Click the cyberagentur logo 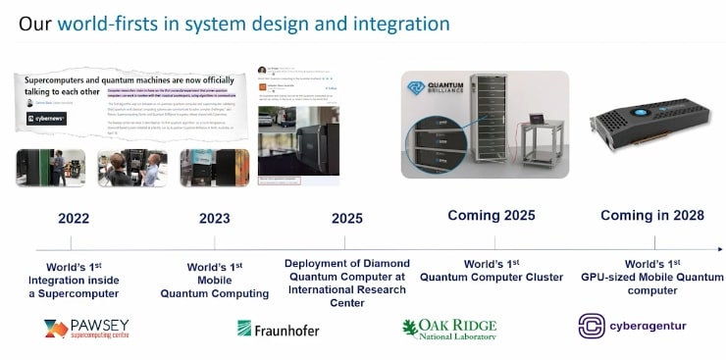click(632, 327)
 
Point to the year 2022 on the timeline click(74, 218)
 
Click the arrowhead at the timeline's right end click(719, 249)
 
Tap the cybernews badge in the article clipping click(46, 119)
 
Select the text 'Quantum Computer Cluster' click(492, 278)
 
